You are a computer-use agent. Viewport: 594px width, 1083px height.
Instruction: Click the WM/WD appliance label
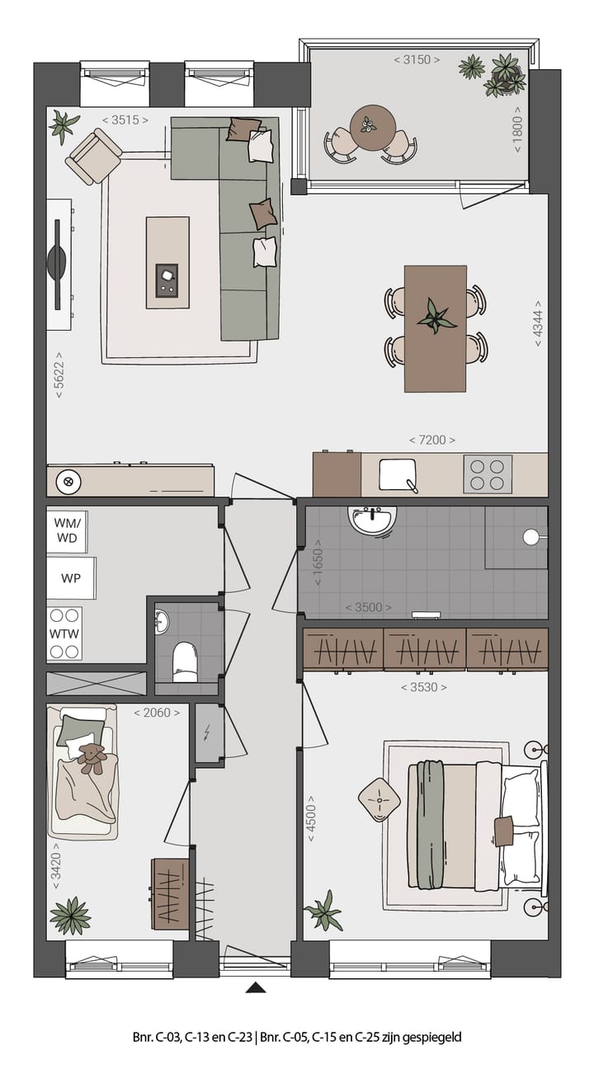66,530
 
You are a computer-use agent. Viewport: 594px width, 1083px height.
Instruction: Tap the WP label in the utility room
70,577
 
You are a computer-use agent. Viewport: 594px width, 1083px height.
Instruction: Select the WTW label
66,633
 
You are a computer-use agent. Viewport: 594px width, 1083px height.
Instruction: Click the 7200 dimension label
432,440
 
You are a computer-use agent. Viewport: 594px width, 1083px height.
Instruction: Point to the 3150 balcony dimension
417,59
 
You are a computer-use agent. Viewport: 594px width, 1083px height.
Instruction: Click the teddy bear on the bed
92,757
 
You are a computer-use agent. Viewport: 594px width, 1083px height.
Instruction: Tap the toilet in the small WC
184,662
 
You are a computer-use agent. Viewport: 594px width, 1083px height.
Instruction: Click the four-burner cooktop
487,474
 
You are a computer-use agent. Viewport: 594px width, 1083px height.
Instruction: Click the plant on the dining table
435,316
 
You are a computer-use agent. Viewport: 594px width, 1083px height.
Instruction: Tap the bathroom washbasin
374,520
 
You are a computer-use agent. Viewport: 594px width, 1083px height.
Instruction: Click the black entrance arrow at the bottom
257,986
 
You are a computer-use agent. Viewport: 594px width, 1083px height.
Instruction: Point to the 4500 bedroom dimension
311,817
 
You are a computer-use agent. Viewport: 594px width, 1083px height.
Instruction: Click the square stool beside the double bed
379,799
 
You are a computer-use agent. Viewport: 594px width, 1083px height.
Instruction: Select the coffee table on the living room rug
167,262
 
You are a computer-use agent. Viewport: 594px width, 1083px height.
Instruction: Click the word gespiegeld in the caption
432,1037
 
